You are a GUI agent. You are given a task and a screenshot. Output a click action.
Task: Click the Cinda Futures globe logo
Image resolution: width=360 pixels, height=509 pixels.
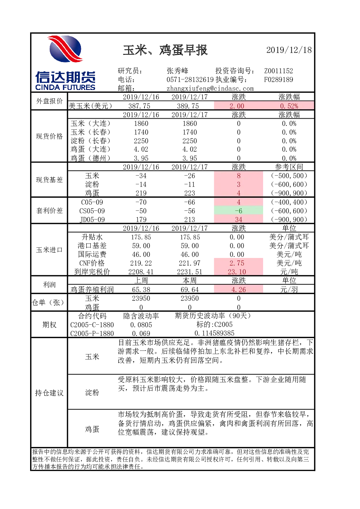[x=65, y=49]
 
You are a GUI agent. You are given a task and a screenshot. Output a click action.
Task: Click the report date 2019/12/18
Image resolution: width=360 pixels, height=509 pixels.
[x=289, y=50]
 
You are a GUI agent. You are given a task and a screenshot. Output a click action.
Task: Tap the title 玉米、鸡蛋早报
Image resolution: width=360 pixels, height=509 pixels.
[x=165, y=50]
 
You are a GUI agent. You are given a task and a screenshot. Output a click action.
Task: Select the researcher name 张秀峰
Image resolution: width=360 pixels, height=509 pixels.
[x=177, y=71]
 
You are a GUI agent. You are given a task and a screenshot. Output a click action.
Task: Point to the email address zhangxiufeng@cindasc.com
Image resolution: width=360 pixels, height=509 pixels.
[x=210, y=89]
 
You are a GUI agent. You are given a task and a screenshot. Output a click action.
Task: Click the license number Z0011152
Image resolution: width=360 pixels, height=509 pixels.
[x=278, y=71]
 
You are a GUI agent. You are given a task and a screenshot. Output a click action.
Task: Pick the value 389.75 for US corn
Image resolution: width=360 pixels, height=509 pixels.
[x=188, y=106]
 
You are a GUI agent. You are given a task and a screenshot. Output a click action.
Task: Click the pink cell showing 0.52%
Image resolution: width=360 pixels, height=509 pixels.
[x=289, y=106]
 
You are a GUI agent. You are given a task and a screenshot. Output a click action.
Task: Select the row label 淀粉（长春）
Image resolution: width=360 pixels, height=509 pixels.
[x=90, y=141]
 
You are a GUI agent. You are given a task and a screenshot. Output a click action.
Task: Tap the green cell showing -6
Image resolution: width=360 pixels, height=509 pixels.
[x=238, y=211]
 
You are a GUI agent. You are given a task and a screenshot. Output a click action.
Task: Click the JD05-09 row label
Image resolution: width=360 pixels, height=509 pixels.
[x=92, y=219]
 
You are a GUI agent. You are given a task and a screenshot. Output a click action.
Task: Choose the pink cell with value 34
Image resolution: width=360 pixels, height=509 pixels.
[x=238, y=219]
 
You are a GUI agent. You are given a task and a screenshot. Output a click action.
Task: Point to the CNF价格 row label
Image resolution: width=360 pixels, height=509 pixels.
[x=92, y=263]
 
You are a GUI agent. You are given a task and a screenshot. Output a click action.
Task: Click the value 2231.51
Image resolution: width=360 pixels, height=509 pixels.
[x=189, y=272]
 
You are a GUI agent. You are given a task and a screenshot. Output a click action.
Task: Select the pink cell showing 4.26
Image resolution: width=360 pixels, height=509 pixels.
[x=238, y=289]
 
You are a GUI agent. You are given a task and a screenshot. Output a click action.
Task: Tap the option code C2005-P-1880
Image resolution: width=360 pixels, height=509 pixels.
[x=92, y=333]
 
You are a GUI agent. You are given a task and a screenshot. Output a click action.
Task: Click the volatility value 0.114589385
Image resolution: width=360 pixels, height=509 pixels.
[x=214, y=333]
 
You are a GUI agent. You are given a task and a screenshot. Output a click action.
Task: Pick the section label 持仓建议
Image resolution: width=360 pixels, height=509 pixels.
[x=49, y=393]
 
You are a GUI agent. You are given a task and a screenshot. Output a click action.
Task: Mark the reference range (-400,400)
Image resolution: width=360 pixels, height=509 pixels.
[x=289, y=202]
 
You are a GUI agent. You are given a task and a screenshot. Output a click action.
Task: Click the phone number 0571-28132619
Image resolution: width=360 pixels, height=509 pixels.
[x=190, y=79]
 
